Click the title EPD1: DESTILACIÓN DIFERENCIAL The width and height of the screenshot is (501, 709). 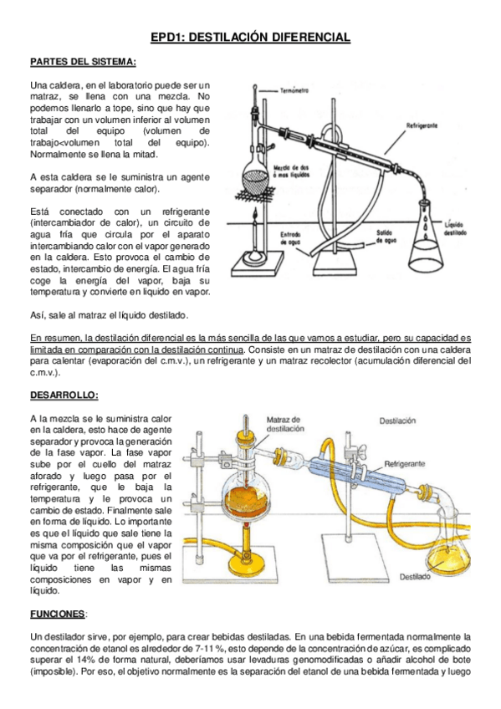[251, 37]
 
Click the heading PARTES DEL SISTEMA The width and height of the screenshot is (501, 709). [83, 62]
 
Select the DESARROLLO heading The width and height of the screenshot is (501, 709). [64, 395]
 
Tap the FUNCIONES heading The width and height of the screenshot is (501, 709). [58, 614]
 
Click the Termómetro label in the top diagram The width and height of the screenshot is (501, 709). [294, 91]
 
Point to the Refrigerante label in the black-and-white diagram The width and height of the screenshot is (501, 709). [422, 125]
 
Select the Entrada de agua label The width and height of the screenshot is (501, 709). [291, 238]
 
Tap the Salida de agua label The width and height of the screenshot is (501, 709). [386, 237]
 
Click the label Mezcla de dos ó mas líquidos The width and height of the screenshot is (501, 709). [292, 171]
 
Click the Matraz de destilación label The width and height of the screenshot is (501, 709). [285, 424]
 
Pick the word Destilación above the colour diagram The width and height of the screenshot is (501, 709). [397, 421]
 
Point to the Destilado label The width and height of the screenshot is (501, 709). [415, 577]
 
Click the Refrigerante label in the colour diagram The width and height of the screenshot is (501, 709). [405, 463]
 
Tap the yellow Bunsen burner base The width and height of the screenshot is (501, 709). [247, 566]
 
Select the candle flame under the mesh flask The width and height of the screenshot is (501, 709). [255, 213]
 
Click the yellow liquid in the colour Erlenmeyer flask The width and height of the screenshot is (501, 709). [448, 560]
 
